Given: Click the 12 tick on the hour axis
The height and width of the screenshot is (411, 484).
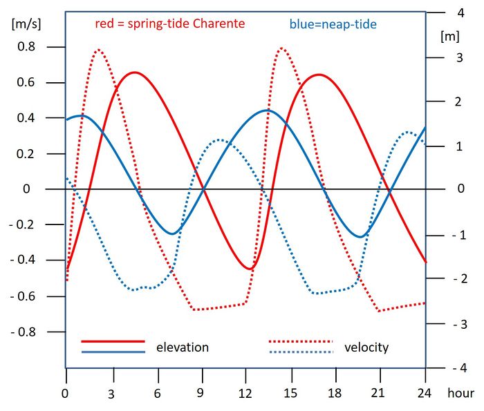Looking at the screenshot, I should pyautogui.click(x=245, y=394).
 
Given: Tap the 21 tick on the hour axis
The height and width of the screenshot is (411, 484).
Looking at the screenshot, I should pyautogui.click(x=380, y=394).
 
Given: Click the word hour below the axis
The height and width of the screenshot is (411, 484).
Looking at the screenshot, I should pyautogui.click(x=460, y=394).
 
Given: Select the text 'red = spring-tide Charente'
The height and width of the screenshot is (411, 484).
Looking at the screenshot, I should pyautogui.click(x=170, y=24).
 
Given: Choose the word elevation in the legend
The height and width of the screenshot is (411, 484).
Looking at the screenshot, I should pyautogui.click(x=183, y=347).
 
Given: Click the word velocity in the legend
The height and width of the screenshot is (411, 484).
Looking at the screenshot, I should pyautogui.click(x=366, y=347).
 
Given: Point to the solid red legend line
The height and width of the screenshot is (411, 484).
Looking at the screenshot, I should pyautogui.click(x=113, y=341).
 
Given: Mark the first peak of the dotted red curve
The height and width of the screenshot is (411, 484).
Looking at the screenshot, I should pyautogui.click(x=98, y=50).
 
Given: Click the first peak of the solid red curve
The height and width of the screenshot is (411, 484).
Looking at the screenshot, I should pyautogui.click(x=135, y=73).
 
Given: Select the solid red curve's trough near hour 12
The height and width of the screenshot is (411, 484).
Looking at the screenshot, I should pyautogui.click(x=250, y=269).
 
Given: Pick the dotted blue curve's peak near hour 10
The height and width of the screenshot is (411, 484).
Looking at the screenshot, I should pyautogui.click(x=219, y=140).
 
